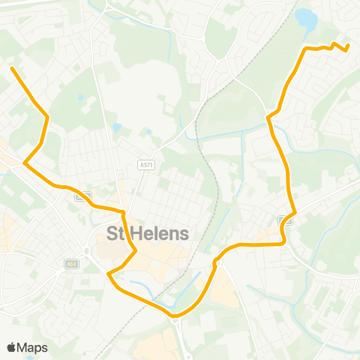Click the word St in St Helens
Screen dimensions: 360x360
117,233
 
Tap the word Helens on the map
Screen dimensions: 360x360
160,233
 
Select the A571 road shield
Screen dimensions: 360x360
146,165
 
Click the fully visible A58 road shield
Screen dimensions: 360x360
72,264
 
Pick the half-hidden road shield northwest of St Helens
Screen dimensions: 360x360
83,196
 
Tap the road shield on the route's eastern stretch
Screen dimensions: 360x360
286,220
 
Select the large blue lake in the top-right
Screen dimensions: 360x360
307,20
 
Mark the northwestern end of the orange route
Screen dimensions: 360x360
12,68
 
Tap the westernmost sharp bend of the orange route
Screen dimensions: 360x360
25,162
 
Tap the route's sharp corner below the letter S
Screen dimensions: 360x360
109,274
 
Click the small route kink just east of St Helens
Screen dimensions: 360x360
216,262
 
